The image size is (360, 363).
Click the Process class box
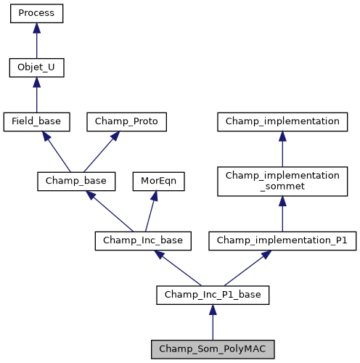click(x=36, y=13)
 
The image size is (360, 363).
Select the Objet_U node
click(x=36, y=68)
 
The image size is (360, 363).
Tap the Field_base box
click(x=36, y=122)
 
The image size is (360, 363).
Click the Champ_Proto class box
click(x=127, y=122)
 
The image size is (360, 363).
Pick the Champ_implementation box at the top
click(x=282, y=122)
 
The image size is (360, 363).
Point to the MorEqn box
click(x=157, y=181)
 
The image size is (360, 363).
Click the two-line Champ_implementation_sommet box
click(x=282, y=181)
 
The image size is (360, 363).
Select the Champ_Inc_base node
click(x=143, y=240)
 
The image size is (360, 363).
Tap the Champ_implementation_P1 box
click(x=282, y=240)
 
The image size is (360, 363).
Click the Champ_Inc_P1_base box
click(x=213, y=294)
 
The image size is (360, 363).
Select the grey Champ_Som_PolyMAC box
click(x=213, y=349)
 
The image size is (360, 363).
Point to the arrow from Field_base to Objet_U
click(x=36, y=95)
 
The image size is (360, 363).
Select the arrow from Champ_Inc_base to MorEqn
click(x=151, y=211)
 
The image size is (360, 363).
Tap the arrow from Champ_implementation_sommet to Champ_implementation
click(x=282, y=149)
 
